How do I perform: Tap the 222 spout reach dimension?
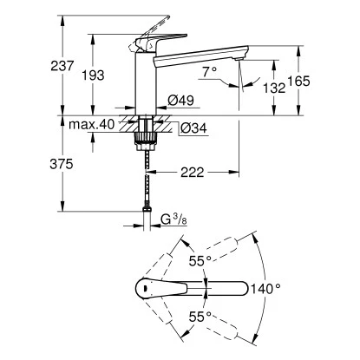194,173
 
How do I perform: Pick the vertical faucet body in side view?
142,82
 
